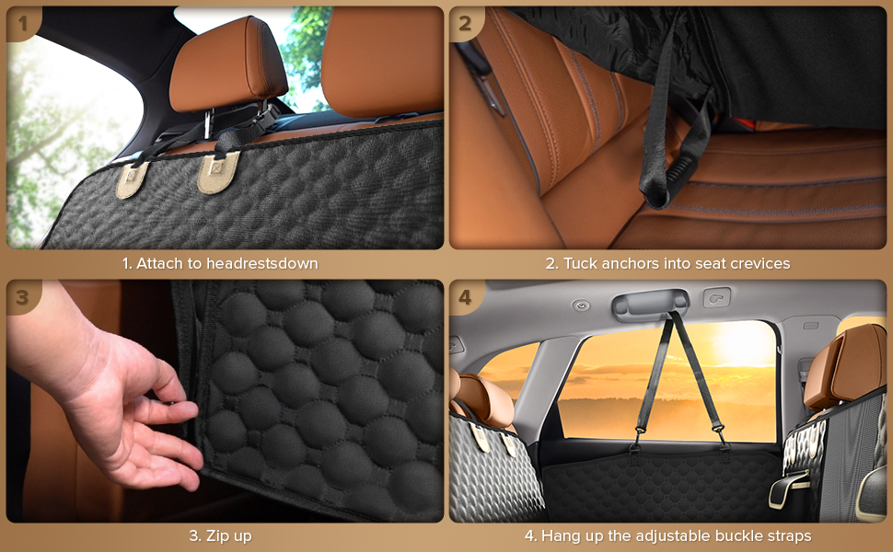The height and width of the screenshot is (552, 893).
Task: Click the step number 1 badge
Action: tap(22, 23)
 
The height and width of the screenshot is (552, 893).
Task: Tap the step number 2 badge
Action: tap(465, 23)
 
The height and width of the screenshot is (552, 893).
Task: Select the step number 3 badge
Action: tap(22, 296)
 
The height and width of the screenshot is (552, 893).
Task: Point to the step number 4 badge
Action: tap(465, 296)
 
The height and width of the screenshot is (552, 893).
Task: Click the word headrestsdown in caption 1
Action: tap(262, 263)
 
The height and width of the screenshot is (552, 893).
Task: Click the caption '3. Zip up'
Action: tap(220, 536)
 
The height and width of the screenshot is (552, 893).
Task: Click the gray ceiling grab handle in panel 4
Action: tap(650, 304)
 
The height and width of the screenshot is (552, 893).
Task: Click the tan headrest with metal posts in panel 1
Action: tap(227, 65)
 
